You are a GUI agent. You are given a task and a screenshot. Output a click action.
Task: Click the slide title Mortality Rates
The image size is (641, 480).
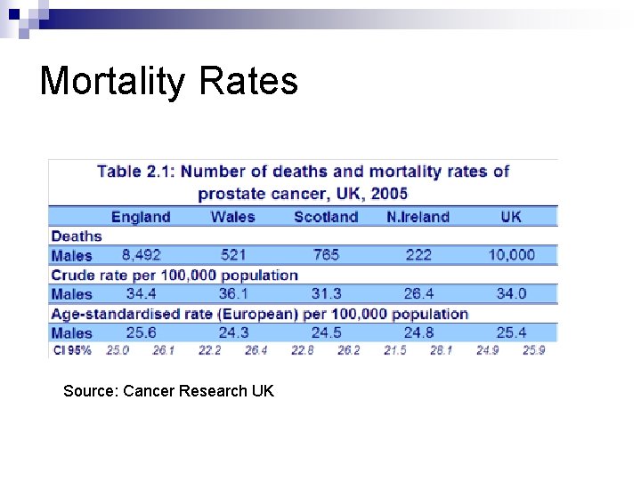(168, 81)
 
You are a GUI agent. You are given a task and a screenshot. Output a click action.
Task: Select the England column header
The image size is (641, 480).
(140, 217)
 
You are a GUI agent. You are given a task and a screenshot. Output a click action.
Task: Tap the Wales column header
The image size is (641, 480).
(232, 217)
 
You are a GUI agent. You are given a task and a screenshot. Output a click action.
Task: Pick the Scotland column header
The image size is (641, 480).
(326, 217)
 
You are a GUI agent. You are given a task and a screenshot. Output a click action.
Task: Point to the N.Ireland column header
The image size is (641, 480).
(418, 217)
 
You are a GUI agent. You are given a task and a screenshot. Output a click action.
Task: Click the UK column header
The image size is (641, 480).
(511, 217)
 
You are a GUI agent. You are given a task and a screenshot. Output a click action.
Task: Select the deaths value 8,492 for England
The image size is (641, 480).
(142, 255)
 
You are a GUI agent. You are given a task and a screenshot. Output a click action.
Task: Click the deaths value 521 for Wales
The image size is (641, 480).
(233, 255)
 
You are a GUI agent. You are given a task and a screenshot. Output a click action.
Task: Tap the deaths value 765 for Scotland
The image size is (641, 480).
(326, 255)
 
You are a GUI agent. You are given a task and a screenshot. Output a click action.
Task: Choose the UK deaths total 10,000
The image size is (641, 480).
(511, 255)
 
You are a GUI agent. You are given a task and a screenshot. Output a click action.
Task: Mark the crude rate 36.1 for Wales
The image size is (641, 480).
(233, 293)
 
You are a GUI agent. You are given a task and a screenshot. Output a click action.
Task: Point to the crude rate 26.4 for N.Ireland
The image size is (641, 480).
(418, 293)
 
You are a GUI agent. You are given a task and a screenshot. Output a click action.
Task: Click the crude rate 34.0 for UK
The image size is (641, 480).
(511, 293)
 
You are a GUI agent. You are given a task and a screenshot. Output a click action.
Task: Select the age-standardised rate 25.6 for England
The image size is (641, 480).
(142, 332)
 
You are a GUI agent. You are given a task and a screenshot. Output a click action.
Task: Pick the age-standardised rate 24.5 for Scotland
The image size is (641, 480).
(326, 332)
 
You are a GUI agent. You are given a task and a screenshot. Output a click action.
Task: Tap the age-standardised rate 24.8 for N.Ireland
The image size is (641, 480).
(418, 332)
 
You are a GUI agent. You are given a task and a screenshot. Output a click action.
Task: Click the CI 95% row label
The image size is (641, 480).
(72, 350)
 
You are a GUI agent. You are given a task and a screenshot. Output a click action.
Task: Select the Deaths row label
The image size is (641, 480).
(77, 236)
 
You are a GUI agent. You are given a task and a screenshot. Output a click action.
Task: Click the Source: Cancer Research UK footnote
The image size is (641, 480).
(168, 391)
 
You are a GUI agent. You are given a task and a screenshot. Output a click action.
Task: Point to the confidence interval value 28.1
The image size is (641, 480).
(442, 350)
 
